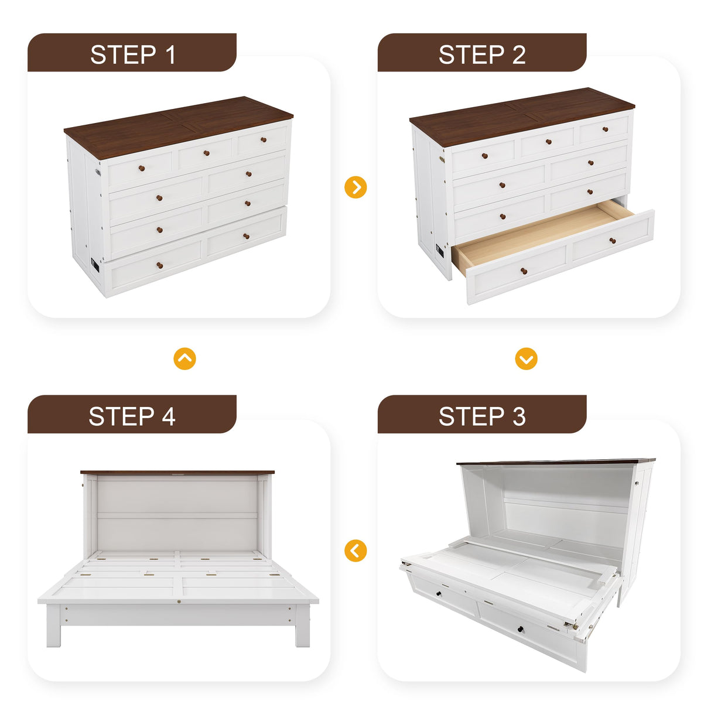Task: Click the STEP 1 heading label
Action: tap(132, 54)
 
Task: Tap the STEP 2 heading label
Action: tap(482, 54)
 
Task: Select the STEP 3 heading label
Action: tap(482, 416)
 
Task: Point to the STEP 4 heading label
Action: tap(132, 416)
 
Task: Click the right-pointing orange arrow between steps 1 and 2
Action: tap(355, 187)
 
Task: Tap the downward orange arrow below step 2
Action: tap(526, 358)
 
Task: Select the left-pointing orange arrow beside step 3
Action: tap(355, 551)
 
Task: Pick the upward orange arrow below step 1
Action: tap(184, 358)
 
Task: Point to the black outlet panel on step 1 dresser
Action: tap(95, 265)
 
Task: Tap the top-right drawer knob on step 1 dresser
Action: tap(264, 139)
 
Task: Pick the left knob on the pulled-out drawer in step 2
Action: tap(524, 271)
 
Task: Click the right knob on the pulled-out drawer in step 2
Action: tap(613, 241)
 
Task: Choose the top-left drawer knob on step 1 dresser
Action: tap(142, 169)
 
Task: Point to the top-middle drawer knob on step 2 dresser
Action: tap(548, 142)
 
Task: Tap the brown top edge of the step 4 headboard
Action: tap(177, 472)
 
